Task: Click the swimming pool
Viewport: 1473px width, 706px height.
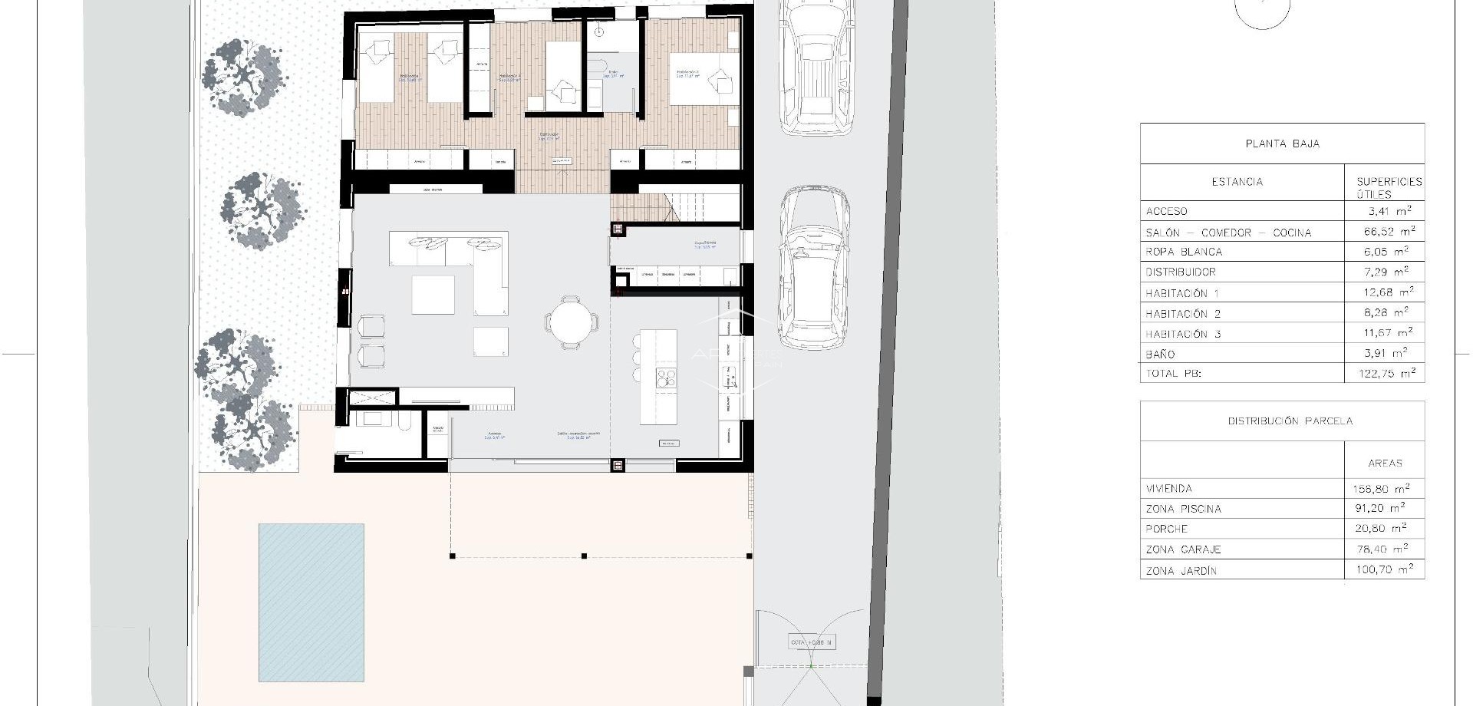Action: coord(311,602)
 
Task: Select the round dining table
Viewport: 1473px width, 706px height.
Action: coord(571,322)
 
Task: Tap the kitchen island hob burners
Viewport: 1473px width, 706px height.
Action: coord(664,378)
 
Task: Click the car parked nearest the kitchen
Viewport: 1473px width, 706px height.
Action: coord(814,269)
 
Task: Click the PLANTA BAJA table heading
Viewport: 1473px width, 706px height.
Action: coord(1282,144)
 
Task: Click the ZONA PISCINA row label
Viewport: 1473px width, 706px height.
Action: coord(1183,509)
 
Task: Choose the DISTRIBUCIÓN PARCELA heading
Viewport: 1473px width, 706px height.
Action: coord(1290,421)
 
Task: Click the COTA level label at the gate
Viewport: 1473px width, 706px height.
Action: coord(811,642)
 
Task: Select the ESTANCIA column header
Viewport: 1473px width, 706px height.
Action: coord(1237,182)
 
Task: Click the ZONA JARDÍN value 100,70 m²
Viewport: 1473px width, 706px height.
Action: coord(1383,569)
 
